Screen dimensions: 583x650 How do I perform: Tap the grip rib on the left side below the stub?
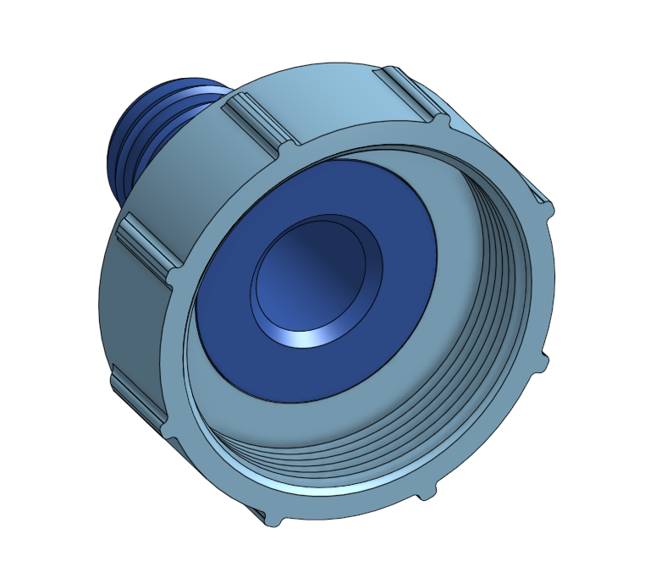pos(148,245)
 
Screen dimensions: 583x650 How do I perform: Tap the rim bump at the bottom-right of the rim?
pos(427,491)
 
